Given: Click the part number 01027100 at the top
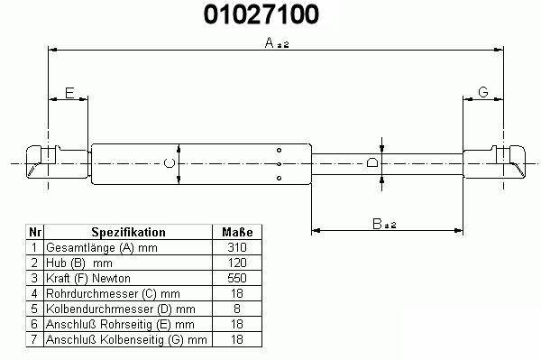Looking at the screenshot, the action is coord(261,14).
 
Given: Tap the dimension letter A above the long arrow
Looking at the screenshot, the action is coord(270,42).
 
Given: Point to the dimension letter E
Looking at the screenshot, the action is coord(69,93).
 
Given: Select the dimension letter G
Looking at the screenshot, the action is coord(483,92).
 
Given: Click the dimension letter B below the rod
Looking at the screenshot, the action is coord(377,224).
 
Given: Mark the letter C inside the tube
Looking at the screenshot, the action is coord(170,163).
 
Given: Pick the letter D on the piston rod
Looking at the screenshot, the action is coord(371,162).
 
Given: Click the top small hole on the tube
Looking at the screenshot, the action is coord(279,150).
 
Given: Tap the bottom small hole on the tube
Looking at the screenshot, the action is coord(279,178).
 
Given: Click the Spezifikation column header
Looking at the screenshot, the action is coord(128,232).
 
